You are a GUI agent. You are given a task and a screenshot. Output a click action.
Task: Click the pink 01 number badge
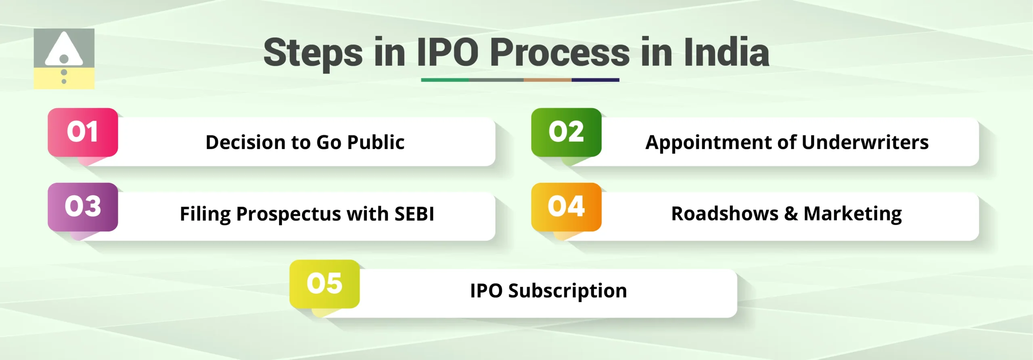pos(83,132)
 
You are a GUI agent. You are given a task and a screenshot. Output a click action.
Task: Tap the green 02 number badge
pos(566,132)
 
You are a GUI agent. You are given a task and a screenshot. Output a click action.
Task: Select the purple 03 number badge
pos(83,207)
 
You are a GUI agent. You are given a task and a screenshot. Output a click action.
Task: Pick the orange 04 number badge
pos(566,207)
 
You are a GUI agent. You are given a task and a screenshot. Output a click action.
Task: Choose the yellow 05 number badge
pos(324,284)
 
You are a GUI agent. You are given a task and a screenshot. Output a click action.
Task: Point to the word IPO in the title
pos(447,52)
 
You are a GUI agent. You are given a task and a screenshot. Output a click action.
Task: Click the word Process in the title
pos(560,52)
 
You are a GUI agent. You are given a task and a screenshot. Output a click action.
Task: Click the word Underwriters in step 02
pos(865,142)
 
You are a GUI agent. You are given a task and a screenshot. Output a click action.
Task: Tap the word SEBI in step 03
pos(414,214)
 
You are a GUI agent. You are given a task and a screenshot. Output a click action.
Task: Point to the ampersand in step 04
pos(791,214)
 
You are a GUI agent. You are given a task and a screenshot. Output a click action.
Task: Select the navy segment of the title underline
pos(595,80)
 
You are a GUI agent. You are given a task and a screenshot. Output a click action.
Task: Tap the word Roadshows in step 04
pos(725,214)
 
